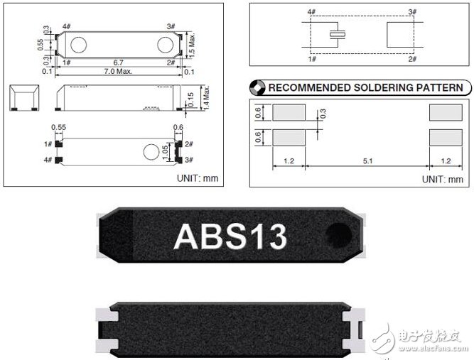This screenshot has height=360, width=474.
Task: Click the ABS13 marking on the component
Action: tap(230, 237)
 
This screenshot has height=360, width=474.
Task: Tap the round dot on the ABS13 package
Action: tap(338, 235)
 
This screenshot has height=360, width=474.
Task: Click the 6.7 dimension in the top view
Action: tap(118, 62)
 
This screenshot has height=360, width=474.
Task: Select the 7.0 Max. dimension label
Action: tap(118, 72)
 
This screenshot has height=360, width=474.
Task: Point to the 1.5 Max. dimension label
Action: tap(192, 45)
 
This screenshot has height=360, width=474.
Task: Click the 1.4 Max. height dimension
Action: tap(206, 97)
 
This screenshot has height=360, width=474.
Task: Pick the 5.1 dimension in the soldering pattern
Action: tap(367, 161)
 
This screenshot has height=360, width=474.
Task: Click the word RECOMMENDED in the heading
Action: tap(309, 87)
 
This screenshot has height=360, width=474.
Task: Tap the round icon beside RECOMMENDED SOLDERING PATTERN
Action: tap(257, 88)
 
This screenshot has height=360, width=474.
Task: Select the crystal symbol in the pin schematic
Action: tap(338, 35)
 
